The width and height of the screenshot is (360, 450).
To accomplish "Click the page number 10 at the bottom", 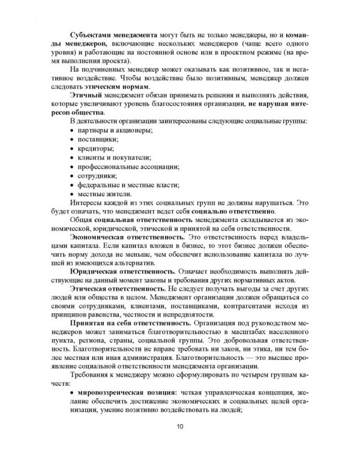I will [x=181, y=427].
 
